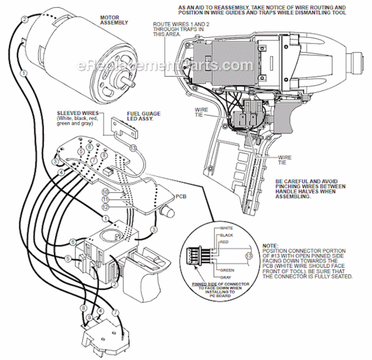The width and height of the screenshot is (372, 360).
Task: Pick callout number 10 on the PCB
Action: [105, 192]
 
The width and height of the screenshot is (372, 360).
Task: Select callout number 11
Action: [105, 199]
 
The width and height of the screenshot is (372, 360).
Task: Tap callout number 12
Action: [105, 206]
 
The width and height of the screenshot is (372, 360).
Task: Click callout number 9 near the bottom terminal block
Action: [89, 317]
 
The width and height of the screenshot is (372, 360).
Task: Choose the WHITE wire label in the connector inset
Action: [226, 228]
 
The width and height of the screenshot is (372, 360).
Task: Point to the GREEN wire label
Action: [227, 270]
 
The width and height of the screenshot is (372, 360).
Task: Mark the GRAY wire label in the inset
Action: [226, 277]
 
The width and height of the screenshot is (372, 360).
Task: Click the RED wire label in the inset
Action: [224, 242]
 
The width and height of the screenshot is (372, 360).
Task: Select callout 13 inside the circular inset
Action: [248, 256]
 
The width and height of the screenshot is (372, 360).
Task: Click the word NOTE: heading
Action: [271, 245]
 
